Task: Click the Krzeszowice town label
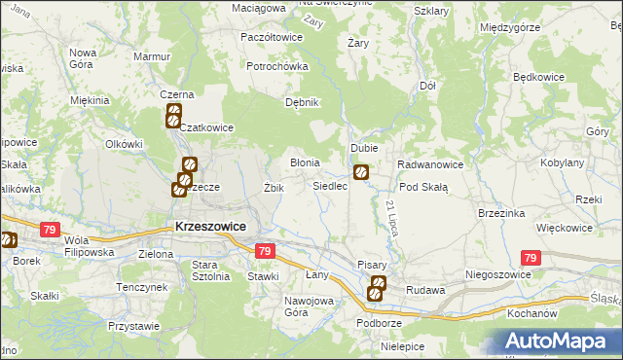209,226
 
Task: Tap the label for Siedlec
330,185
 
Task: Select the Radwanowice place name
428,164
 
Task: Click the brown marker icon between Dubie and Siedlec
361,173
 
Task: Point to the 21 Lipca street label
391,215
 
